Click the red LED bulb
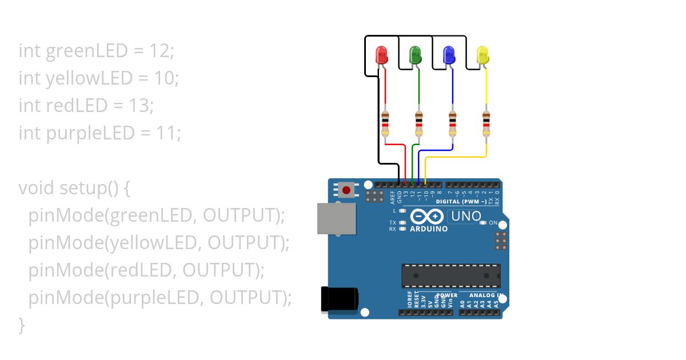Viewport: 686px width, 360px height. click(381, 55)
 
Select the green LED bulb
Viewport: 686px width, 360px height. click(416, 55)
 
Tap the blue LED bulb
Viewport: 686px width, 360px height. click(449, 55)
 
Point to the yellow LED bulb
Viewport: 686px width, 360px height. click(483, 55)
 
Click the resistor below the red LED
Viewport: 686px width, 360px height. click(385, 124)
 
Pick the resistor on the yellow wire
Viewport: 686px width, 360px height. click(486, 124)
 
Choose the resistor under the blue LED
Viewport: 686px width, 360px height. click(453, 124)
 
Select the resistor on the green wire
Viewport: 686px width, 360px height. click(419, 124)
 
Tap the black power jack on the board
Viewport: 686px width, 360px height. click(340, 299)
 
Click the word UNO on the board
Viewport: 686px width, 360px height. click(466, 217)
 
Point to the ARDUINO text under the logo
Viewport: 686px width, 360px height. click(429, 229)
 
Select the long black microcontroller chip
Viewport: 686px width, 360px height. click(451, 275)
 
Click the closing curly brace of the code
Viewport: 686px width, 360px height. click(22, 325)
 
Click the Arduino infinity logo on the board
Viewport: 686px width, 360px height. click(426, 217)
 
